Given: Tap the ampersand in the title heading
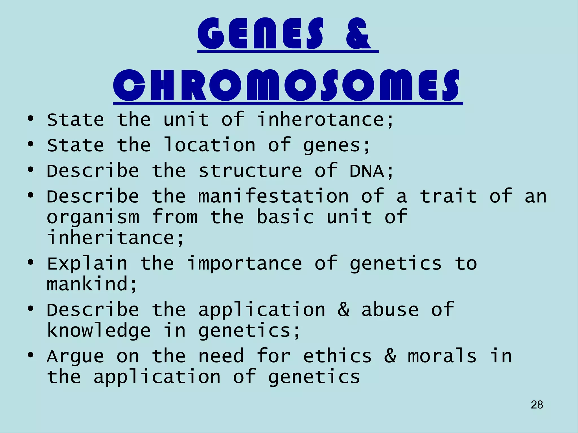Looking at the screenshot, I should pyautogui.click(x=358, y=34).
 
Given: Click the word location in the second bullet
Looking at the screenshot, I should pyautogui.click(x=210, y=145).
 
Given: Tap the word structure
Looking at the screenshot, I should pyautogui.click(x=250, y=171).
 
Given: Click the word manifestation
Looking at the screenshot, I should pyautogui.click(x=273, y=196).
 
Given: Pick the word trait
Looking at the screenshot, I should pyautogui.click(x=448, y=196).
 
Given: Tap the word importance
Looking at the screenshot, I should pyautogui.click(x=244, y=264).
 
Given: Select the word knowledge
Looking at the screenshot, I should pyautogui.click(x=99, y=331).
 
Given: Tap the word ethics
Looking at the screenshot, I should pyautogui.click(x=337, y=356).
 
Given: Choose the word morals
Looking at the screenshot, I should pyautogui.click(x=442, y=356).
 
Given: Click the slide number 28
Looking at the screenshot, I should pyautogui.click(x=537, y=405).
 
